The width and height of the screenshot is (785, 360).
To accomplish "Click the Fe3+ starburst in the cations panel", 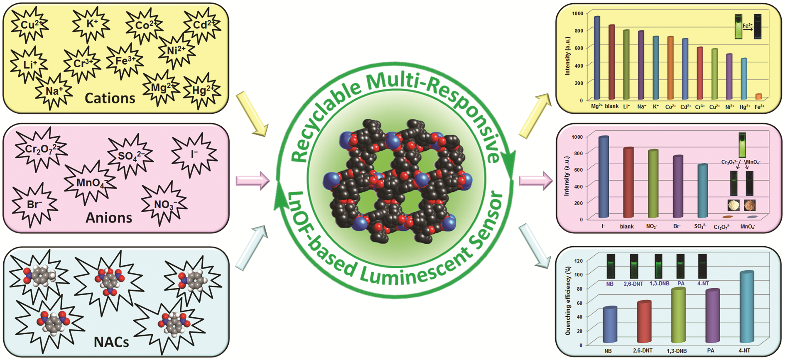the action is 125,61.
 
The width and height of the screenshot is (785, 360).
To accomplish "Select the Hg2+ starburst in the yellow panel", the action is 202,91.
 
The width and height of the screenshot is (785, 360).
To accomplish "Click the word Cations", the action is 110,98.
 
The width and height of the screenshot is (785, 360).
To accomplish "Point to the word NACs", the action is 111,342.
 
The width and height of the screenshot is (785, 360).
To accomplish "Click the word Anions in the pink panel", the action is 109,218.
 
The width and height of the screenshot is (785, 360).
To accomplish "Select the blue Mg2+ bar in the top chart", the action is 597,58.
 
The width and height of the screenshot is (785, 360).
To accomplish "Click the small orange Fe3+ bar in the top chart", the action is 758,97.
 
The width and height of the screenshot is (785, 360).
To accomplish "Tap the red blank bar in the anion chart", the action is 628,183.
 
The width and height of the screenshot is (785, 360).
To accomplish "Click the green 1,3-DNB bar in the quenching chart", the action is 678,316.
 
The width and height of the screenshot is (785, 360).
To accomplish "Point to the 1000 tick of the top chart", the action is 577,14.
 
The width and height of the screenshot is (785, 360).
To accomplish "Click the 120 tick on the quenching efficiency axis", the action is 578,261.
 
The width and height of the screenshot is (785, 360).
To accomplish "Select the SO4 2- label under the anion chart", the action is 700,226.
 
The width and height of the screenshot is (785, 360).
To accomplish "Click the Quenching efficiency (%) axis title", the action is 567,301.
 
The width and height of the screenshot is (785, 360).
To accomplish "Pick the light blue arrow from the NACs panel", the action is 252,247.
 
